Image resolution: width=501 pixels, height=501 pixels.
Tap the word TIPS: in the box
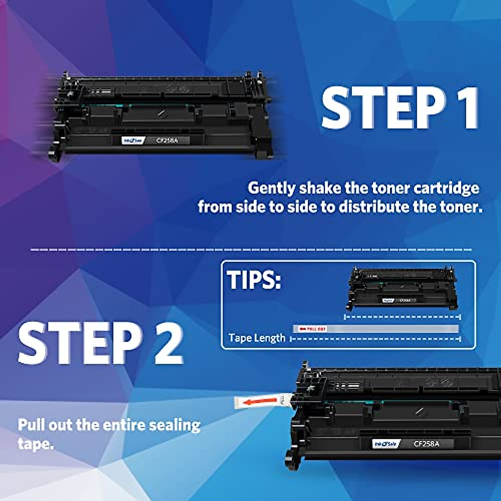click(x=254, y=280)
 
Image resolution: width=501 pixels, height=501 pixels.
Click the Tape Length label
click(x=257, y=338)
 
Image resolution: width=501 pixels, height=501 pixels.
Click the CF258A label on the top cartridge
click(x=167, y=141)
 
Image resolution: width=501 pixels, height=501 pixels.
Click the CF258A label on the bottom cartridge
click(x=426, y=444)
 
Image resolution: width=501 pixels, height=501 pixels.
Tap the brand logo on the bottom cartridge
click(x=386, y=444)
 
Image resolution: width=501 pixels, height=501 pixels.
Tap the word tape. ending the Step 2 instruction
click(x=35, y=443)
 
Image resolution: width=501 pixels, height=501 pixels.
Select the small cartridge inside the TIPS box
click(x=402, y=288)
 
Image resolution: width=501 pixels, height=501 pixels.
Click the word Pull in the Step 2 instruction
click(x=31, y=425)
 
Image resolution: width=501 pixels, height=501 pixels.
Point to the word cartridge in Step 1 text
click(x=446, y=188)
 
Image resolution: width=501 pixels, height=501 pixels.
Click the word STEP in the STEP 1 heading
click(x=382, y=109)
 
